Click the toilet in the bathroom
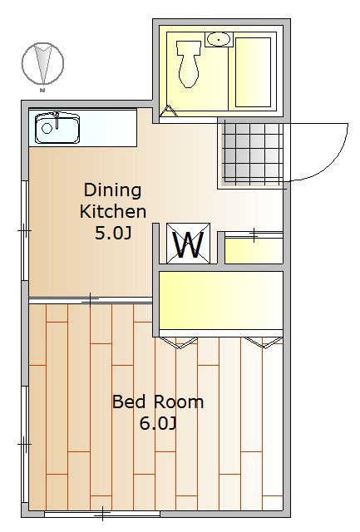(x=188, y=64)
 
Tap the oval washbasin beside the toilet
(x=219, y=39)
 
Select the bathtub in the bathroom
(x=253, y=72)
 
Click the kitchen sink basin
(x=57, y=129)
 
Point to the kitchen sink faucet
(x=57, y=120)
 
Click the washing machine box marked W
(x=188, y=243)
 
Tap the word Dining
(x=112, y=190)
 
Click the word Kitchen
(x=113, y=211)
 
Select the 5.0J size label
(x=113, y=233)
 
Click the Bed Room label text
(x=158, y=401)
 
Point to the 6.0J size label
(x=158, y=423)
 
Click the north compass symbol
(x=42, y=63)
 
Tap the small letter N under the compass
(x=42, y=91)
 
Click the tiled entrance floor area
(x=253, y=153)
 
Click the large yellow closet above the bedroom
(x=221, y=300)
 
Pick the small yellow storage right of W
(x=254, y=251)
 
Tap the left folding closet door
(x=178, y=342)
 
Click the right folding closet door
(x=264, y=342)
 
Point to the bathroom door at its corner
(x=169, y=111)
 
